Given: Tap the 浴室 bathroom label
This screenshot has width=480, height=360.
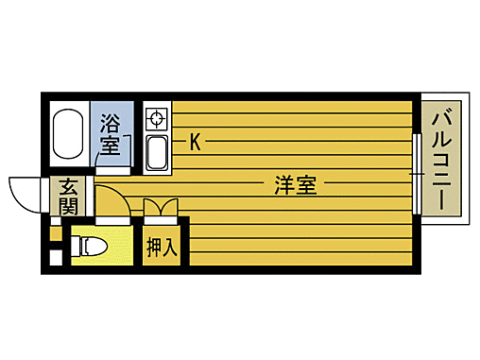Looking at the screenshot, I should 111,135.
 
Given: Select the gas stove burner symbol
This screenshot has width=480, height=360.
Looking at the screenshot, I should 156,119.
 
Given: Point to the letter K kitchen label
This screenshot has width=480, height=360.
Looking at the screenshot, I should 195,143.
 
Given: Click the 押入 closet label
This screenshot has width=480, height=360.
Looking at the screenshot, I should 162,247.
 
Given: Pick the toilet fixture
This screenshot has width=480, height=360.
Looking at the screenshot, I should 92,248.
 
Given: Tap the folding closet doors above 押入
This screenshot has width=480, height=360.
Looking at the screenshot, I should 160,208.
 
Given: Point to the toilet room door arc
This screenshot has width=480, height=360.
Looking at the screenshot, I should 109,202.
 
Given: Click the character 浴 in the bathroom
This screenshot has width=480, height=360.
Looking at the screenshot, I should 111,123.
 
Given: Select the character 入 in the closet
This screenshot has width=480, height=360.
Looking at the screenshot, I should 171,247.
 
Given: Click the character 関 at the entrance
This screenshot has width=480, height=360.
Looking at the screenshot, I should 68,205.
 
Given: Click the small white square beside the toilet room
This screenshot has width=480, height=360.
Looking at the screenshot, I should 55,255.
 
